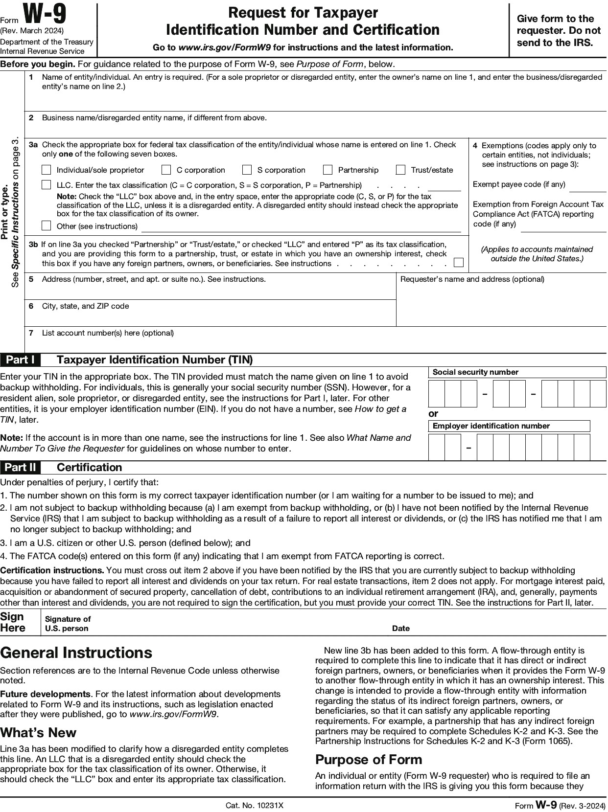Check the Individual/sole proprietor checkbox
pos(47,170)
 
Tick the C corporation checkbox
pos(166,170)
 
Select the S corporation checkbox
pos(247,170)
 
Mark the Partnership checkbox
pos(328,170)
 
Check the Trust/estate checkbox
pos(401,170)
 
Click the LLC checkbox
pos(47,185)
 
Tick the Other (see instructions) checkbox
pos(47,226)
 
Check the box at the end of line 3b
pos(459,263)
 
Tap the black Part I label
pos(20,360)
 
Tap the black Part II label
pos(20,467)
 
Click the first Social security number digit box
pos(436,394)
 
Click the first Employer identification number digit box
pos(436,447)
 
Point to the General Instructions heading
pos(76,653)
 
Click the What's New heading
pos(38,732)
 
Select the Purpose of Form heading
pos(369,759)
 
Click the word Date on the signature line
pos(400,628)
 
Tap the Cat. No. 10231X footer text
pos(255,805)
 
